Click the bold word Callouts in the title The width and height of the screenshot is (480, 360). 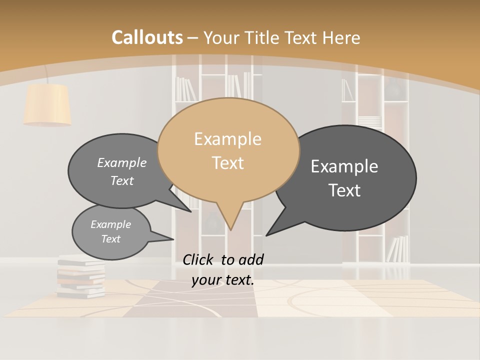[x=147, y=37]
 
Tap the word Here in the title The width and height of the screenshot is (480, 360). [x=342, y=38]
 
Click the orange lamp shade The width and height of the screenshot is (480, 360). [x=47, y=104]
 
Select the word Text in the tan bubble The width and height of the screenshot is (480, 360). [x=228, y=163]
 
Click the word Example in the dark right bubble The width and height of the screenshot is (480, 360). [x=344, y=166]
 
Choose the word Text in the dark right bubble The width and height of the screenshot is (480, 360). [x=345, y=190]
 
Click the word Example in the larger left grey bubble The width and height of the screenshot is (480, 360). [x=122, y=162]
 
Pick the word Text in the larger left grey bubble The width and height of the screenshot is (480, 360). [x=122, y=180]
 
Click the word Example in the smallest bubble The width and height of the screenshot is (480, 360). [x=111, y=224]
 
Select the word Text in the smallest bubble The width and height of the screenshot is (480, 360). [x=111, y=239]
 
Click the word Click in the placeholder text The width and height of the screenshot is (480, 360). [x=199, y=259]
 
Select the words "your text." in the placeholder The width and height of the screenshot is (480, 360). [x=223, y=280]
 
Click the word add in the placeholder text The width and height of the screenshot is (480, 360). [x=251, y=259]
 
